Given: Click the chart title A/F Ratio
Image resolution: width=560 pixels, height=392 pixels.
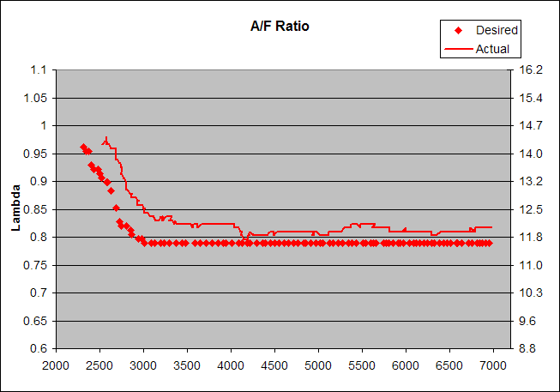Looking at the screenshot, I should [x=274, y=26].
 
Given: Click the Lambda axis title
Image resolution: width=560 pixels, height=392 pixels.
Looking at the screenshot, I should [x=15, y=209].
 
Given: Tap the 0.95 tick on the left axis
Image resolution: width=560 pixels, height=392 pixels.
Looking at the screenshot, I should [x=35, y=154].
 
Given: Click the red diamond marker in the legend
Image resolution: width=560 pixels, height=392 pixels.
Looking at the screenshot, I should [x=458, y=30].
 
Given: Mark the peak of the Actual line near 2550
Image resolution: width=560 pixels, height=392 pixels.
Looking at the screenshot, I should [x=105, y=137].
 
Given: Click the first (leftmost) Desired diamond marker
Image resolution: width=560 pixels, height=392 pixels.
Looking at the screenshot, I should [x=83, y=147].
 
